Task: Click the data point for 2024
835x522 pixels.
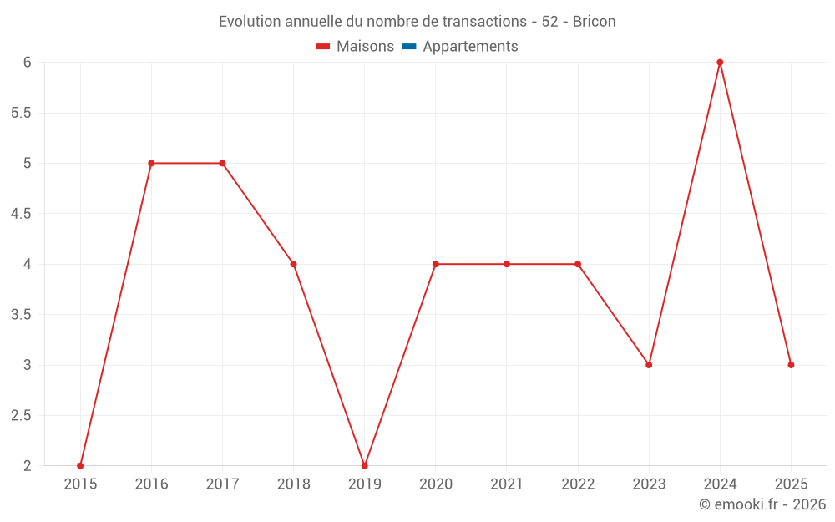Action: [x=720, y=63]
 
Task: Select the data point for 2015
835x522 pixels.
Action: [x=80, y=466]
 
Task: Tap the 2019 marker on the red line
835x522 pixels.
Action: [x=364, y=466]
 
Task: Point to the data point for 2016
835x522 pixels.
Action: [x=151, y=163]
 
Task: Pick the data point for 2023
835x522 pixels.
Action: [x=649, y=365]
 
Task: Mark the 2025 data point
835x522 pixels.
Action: [x=791, y=365]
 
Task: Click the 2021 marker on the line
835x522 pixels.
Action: [x=507, y=264]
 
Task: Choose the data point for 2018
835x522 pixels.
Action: [x=293, y=264]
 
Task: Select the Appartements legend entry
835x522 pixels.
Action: [x=470, y=47]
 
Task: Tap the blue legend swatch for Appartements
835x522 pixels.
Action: [x=409, y=47]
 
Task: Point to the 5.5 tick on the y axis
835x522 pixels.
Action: [x=20, y=113]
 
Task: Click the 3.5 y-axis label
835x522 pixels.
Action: [x=20, y=315]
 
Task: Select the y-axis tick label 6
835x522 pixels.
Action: [x=27, y=63]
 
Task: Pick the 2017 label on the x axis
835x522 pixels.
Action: [x=222, y=484]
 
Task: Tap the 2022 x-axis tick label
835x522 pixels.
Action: [x=578, y=484]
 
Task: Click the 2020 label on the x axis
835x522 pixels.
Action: [x=436, y=484]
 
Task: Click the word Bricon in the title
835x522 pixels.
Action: [x=595, y=22]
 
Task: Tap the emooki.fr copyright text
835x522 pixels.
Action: [x=762, y=504]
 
